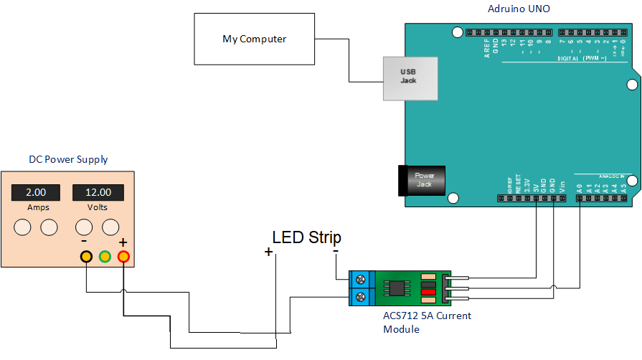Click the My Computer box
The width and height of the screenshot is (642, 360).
[254, 39]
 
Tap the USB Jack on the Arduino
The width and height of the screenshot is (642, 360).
[408, 76]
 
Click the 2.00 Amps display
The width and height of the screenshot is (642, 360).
[36, 192]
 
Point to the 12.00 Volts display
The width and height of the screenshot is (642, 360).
[98, 192]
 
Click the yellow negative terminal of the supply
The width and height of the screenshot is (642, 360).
[86, 256]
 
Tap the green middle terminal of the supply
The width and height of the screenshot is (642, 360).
[105, 256]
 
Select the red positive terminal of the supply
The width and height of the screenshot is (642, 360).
[123, 256]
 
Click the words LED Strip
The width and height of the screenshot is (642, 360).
[306, 237]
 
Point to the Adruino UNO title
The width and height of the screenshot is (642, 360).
[519, 9]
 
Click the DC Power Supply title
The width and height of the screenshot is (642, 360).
[68, 159]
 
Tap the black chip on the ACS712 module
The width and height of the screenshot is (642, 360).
[396, 288]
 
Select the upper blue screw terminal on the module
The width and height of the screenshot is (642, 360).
[362, 278]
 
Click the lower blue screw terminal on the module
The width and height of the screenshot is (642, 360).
[362, 296]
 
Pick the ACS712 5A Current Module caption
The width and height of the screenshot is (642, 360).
[428, 322]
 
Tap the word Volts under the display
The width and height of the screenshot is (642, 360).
[98, 207]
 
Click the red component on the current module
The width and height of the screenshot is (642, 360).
[428, 292]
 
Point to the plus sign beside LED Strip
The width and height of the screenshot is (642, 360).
[269, 252]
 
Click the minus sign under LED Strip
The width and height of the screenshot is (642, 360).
[336, 252]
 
